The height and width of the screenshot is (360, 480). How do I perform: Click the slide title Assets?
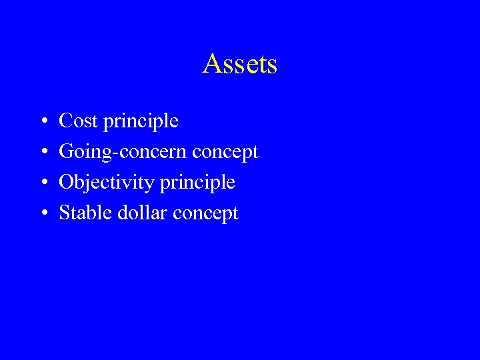[240, 64]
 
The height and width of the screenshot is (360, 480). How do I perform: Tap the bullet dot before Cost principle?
[43, 122]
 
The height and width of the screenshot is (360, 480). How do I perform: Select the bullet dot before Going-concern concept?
[43, 153]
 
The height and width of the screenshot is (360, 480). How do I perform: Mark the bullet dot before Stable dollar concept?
[43, 214]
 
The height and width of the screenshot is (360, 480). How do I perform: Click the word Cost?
[77, 121]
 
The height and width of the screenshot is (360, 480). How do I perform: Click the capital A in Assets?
[212, 64]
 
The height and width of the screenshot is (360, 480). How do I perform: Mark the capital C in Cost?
[65, 121]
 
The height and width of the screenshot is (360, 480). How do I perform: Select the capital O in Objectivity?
[66, 183]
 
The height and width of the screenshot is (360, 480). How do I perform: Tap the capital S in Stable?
[65, 213]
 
